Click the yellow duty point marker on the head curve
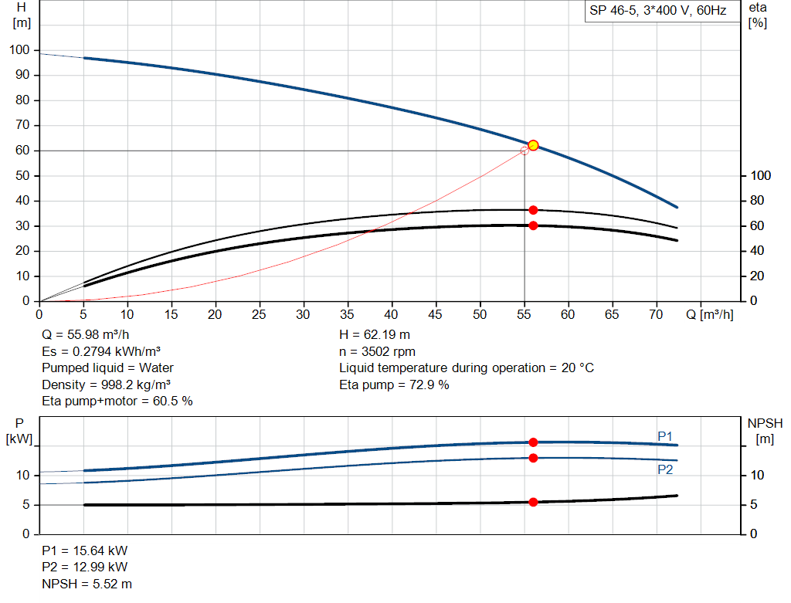533,145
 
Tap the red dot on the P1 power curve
533,442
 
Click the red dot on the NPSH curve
533,502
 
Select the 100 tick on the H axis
19,50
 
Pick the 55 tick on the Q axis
525,314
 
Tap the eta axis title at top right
757,15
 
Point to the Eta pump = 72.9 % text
394,384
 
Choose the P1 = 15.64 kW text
85,551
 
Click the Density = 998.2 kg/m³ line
107,384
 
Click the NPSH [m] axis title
765,431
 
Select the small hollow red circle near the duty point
525,151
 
